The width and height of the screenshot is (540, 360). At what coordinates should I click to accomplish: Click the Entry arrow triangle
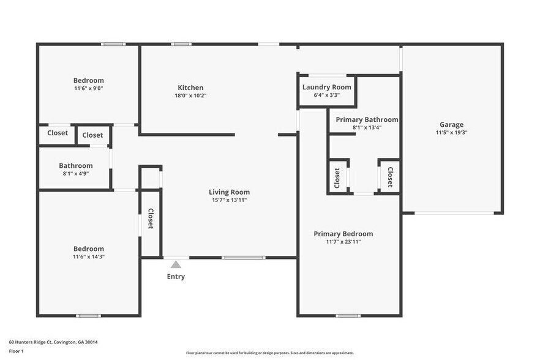176,264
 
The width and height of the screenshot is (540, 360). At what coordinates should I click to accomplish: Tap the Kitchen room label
190,88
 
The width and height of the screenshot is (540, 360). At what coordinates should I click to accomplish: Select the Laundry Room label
327,88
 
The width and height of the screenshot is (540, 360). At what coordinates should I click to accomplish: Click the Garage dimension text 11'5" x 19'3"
451,132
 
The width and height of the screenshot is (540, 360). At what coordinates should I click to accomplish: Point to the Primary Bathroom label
367,119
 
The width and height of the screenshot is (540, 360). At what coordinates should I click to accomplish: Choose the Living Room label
229,192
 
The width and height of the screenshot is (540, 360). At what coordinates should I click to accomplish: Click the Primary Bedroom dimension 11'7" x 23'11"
343,242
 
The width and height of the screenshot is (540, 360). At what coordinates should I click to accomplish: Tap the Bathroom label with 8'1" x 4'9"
76,165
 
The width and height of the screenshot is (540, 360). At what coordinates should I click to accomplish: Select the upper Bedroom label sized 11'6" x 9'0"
88,80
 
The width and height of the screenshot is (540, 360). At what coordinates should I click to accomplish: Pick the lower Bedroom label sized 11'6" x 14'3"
88,249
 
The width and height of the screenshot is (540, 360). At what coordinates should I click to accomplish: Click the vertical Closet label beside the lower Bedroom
151,219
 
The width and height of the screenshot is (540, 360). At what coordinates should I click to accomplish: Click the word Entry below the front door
176,277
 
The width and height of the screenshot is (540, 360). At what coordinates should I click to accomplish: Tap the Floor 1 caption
16,351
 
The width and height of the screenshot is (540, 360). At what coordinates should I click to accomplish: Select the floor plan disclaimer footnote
269,353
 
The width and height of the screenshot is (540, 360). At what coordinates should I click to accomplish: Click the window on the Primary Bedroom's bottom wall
348,316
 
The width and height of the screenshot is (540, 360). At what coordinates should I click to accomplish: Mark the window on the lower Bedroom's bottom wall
88,316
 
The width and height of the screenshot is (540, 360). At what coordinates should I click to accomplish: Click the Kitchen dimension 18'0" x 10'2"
190,96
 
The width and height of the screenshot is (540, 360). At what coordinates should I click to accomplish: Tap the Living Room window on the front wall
243,258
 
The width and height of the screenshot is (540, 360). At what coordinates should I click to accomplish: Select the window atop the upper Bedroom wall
113,44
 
